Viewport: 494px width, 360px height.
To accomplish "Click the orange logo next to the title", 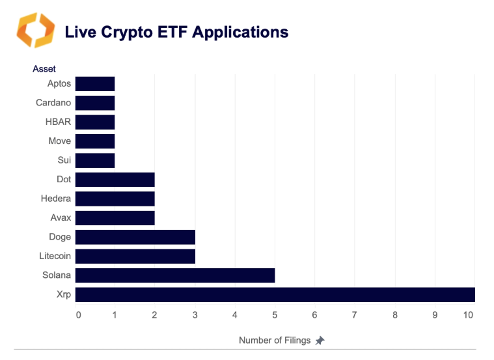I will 36,30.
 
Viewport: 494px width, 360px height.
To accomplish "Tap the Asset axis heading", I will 44,68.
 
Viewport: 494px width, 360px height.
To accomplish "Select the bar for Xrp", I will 275,295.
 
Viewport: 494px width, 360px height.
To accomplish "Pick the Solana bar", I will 174,275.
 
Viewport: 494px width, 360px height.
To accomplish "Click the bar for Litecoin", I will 135,256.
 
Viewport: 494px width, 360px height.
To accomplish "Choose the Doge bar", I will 135,237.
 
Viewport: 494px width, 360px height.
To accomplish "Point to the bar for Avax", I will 115,218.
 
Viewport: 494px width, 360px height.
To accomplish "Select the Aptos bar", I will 95,84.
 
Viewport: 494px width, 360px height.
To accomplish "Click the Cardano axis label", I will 53,103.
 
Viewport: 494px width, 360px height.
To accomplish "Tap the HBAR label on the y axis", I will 57,122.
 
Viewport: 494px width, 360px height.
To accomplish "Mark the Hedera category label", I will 55,199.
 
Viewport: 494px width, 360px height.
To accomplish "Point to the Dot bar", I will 115,180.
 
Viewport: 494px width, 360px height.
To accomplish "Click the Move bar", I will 95,141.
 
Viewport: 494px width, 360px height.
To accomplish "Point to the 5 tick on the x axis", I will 275,316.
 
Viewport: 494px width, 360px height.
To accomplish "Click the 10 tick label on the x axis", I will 467,316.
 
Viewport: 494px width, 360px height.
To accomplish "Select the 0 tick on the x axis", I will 79,316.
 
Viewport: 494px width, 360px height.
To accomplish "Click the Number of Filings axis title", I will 275,340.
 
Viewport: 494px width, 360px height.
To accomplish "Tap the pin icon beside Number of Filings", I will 320,340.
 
